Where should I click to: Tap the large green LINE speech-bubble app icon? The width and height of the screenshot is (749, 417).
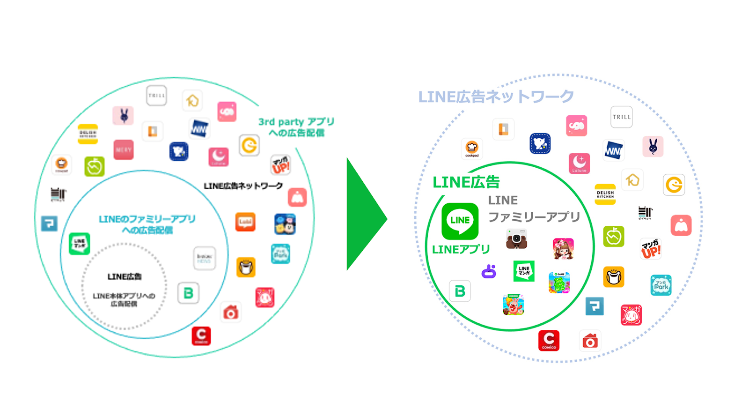coord(460,221)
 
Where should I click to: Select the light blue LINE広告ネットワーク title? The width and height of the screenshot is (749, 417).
coord(496,97)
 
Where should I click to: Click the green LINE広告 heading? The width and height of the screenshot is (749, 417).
coord(466,182)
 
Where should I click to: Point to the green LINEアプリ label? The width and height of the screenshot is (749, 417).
coord(461,249)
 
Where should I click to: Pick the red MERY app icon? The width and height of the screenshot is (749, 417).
coord(124,150)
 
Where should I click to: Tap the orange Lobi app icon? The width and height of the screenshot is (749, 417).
coord(245,222)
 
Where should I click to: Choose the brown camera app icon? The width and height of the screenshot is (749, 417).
coord(516,239)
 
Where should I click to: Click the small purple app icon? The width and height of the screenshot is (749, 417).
coord(489,271)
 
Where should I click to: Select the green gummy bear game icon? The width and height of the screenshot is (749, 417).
coord(559,283)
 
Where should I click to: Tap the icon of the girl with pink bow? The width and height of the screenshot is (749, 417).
coord(563,249)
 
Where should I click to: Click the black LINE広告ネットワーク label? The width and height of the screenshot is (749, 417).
coord(243,186)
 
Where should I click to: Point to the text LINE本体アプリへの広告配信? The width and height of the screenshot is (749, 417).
coord(124,300)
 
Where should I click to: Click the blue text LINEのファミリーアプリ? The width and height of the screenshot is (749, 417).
coord(147,219)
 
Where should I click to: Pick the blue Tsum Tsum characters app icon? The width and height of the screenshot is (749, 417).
coord(285,224)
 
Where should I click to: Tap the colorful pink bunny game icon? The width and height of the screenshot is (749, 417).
coord(513,305)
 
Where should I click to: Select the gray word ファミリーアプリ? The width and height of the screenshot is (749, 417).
coord(534,217)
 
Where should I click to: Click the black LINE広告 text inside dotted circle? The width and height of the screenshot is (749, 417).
coord(124,276)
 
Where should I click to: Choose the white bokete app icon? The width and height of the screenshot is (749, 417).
coord(205,258)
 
